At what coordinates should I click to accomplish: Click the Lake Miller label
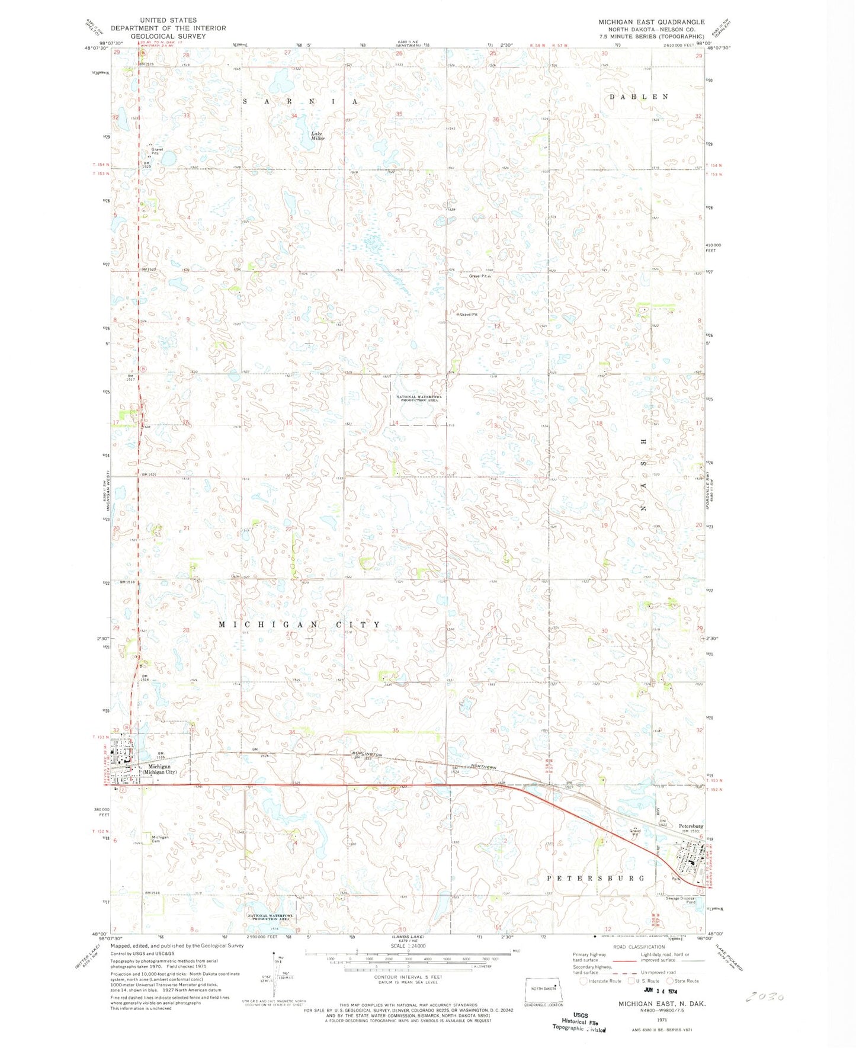[318, 136]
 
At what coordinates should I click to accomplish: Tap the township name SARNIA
[300, 102]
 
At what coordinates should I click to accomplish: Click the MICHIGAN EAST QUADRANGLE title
[651, 22]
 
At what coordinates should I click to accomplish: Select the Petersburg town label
[691, 826]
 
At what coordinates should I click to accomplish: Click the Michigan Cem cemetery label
[159, 839]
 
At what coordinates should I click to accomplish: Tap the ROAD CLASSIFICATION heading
[639, 947]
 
